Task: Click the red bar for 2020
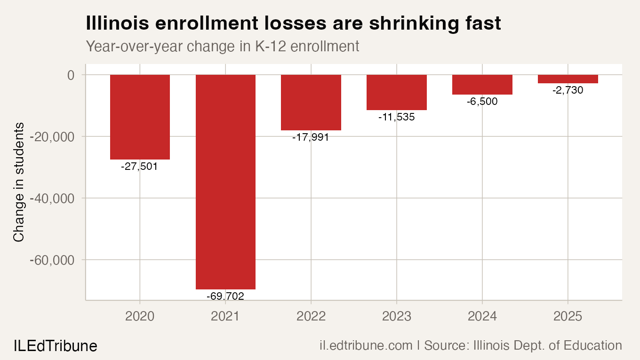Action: (140, 117)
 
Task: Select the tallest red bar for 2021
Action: (225, 182)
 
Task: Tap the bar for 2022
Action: (311, 103)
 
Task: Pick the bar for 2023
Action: (397, 93)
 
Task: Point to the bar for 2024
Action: (482, 85)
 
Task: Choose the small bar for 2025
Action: (568, 79)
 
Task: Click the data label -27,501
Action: (139, 167)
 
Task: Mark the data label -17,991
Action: (311, 137)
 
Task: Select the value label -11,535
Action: (397, 117)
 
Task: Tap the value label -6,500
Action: (482, 102)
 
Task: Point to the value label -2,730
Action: (568, 90)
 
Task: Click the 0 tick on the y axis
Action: (71, 75)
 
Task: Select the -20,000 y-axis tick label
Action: (52, 137)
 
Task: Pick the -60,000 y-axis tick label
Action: (52, 260)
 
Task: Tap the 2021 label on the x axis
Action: (225, 316)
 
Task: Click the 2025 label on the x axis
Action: (568, 316)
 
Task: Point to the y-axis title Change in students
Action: (19, 182)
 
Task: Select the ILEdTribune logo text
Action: (55, 346)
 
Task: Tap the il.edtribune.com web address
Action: (366, 346)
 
